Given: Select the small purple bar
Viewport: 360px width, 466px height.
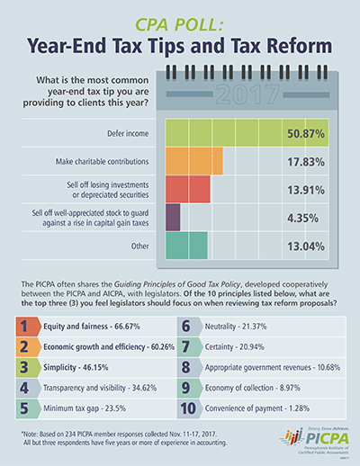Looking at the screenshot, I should (173, 217).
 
